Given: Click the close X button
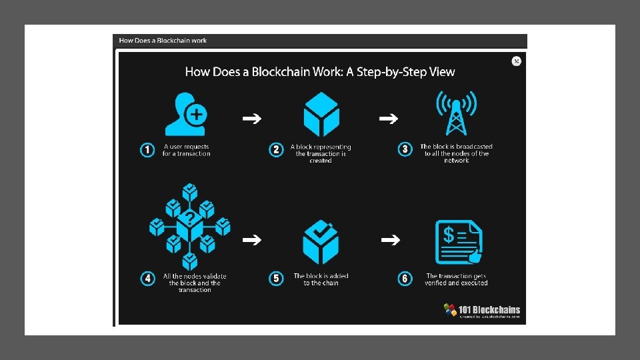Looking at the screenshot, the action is [x=516, y=61].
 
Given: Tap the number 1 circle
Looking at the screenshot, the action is [x=147, y=150].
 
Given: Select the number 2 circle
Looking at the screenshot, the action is [x=277, y=150].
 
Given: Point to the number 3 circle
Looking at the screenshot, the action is [x=405, y=149].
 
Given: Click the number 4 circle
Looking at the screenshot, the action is [x=148, y=279].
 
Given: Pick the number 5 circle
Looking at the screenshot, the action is [x=277, y=279].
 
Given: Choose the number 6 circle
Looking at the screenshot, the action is [x=405, y=279].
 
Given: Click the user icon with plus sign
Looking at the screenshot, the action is [x=186, y=114].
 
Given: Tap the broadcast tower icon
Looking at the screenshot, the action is [x=456, y=113].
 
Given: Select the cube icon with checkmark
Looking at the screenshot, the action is [x=321, y=241].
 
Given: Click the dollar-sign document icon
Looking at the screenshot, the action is [x=459, y=242].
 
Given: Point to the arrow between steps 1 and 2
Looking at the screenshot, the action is [x=251, y=119].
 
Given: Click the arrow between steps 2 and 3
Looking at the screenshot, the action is [x=389, y=119].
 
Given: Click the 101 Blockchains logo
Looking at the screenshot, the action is [x=481, y=311].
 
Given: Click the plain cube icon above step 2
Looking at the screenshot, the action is [x=321, y=115].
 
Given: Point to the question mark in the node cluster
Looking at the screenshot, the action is [x=190, y=218].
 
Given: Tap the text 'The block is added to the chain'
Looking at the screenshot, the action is [x=321, y=279].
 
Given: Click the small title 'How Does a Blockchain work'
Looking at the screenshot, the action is [x=163, y=41].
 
